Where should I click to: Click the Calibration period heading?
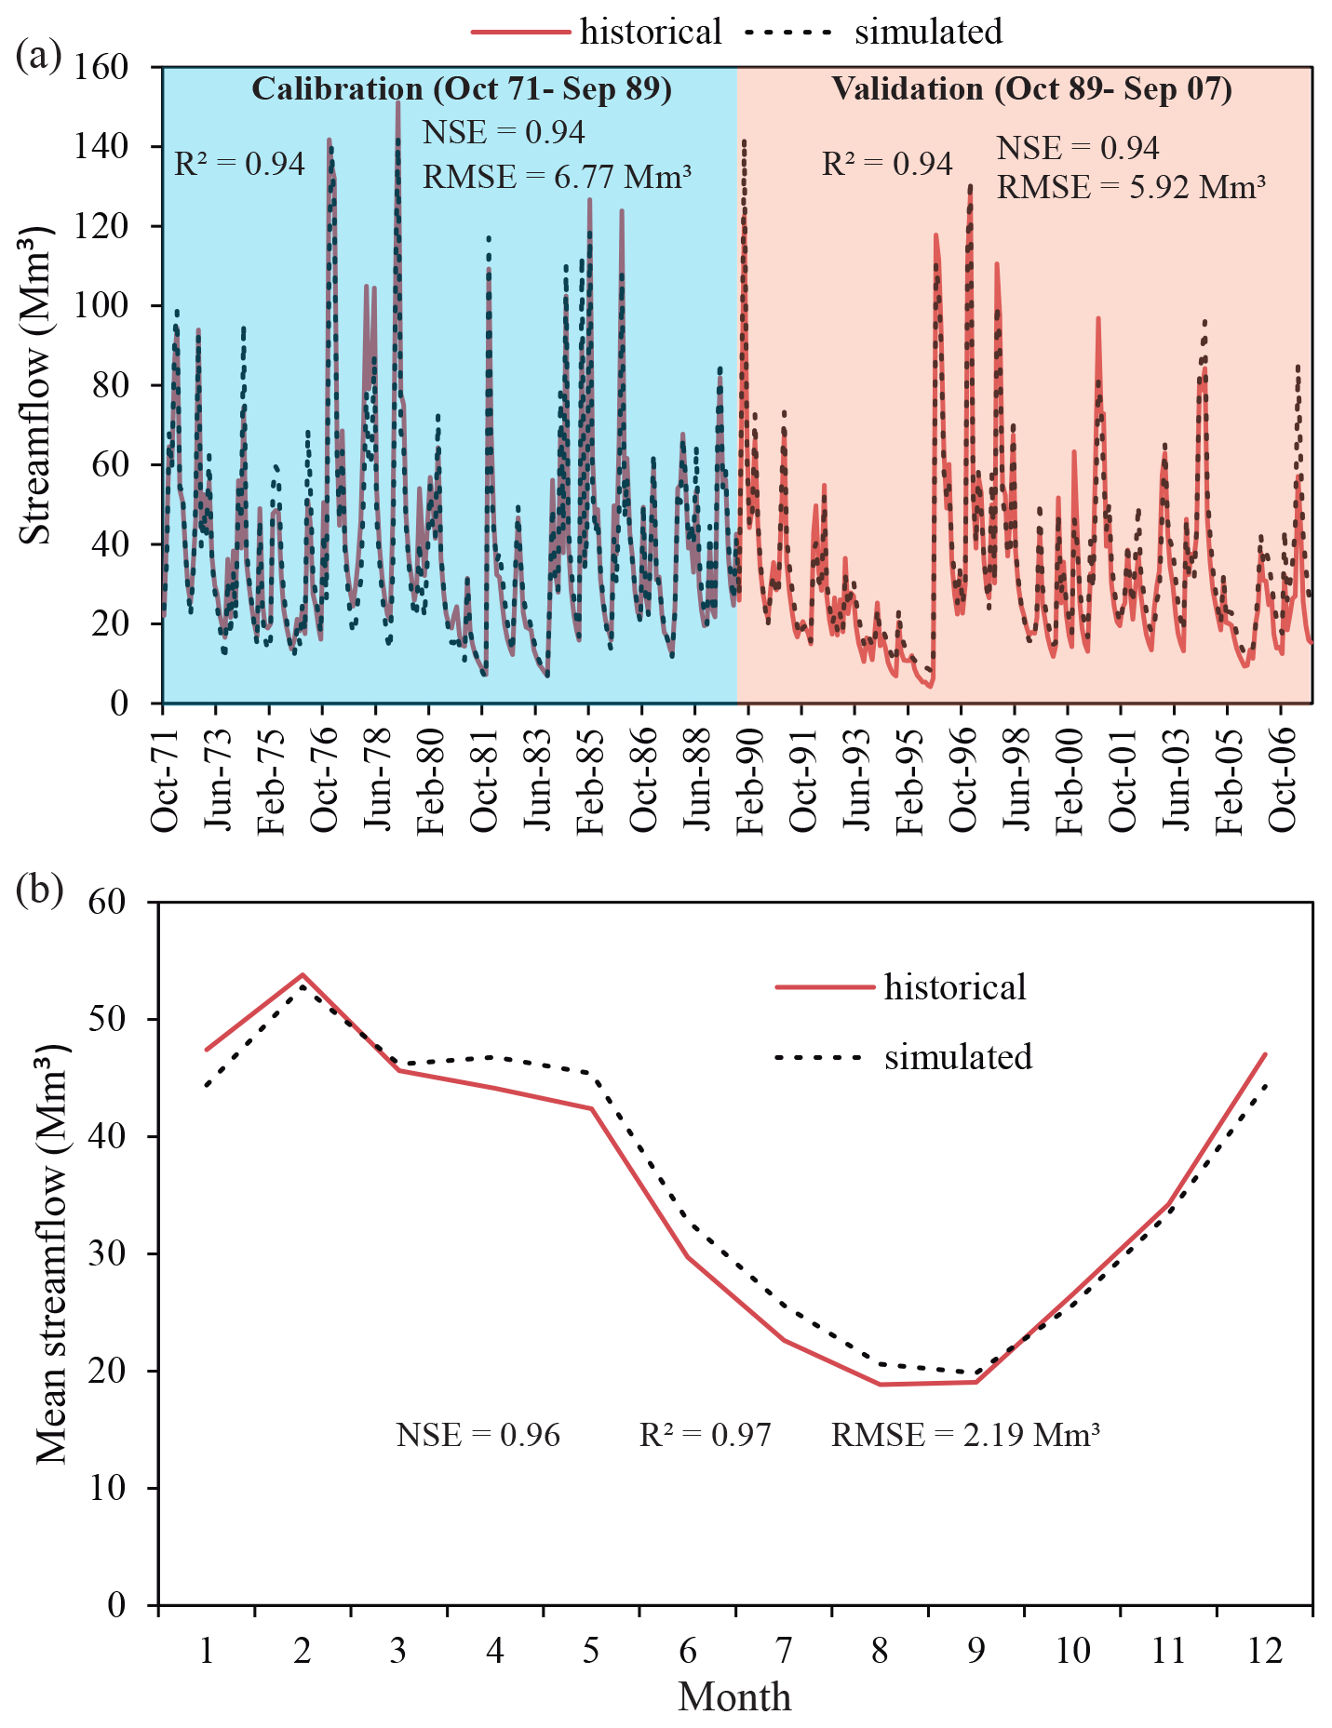point(462,89)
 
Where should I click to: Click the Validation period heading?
point(1031,89)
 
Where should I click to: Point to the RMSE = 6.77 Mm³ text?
point(557,176)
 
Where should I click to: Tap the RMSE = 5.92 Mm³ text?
point(1131,188)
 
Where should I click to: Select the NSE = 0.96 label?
point(478,1435)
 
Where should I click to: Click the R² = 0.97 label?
point(706,1435)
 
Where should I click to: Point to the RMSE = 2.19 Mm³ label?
point(965,1435)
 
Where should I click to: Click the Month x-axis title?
point(734,1697)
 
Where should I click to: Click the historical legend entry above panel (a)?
point(650,32)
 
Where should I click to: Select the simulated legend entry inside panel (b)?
point(958,1057)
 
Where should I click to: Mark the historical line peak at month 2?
point(303,974)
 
